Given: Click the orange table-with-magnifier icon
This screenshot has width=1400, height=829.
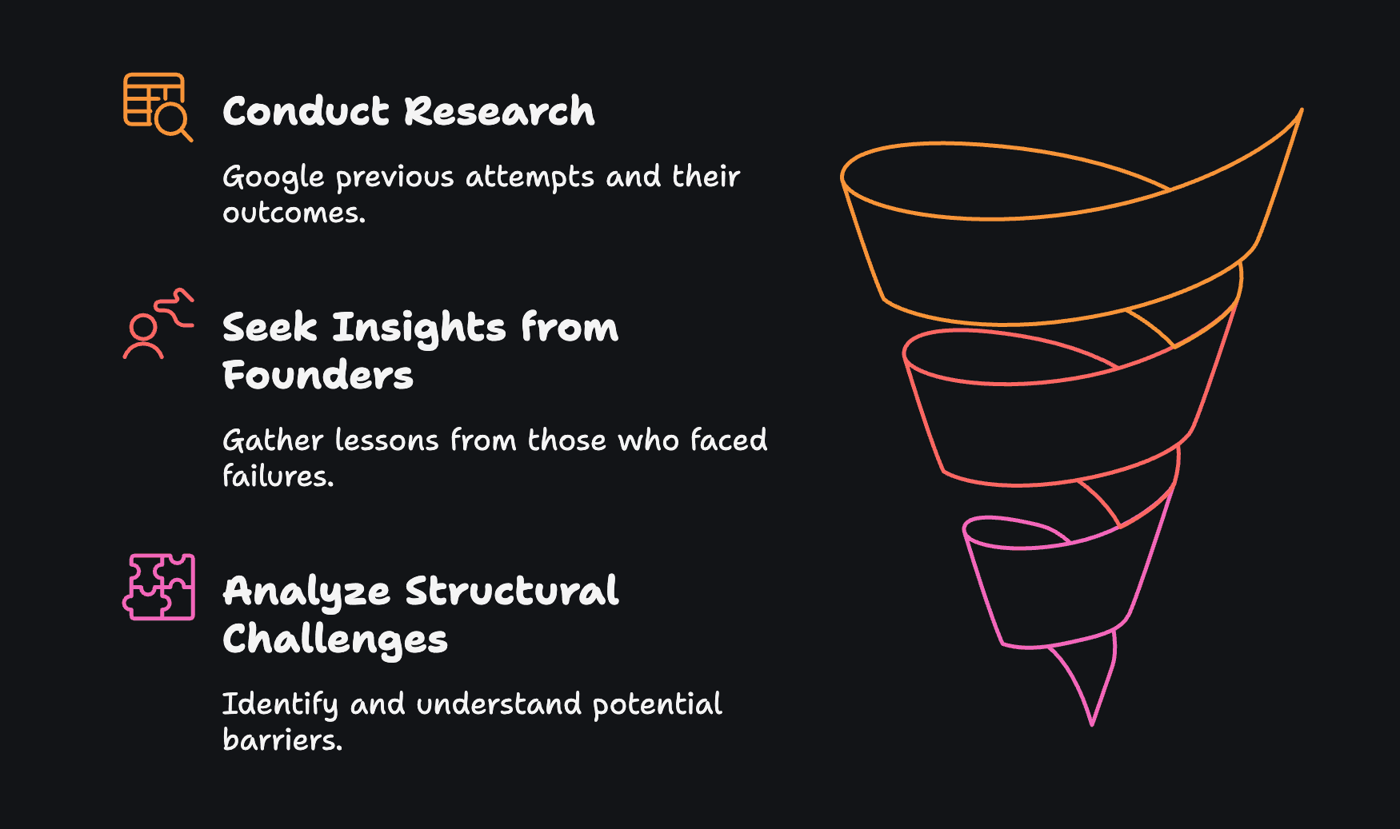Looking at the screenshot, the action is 158,107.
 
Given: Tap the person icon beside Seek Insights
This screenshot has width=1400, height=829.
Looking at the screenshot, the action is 158,324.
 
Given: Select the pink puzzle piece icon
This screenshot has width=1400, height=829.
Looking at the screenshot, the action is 158,587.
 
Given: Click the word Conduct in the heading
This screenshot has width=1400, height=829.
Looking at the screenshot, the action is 306,111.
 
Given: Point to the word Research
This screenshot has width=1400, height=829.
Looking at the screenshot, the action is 500,111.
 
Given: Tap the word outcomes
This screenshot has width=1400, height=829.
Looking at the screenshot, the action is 294,213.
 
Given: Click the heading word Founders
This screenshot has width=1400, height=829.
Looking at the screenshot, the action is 318,375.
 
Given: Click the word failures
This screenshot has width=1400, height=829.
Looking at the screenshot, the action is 278,476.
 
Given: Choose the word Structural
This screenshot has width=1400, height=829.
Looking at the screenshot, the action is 512,591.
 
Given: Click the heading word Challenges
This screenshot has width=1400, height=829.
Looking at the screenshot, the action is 335,640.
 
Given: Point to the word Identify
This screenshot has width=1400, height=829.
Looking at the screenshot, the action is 280,705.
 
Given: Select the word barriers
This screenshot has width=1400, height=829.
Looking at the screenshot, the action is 282,739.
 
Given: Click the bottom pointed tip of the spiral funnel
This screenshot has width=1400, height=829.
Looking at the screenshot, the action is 1092,724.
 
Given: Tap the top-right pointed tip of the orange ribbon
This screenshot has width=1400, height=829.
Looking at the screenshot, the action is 1302,110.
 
